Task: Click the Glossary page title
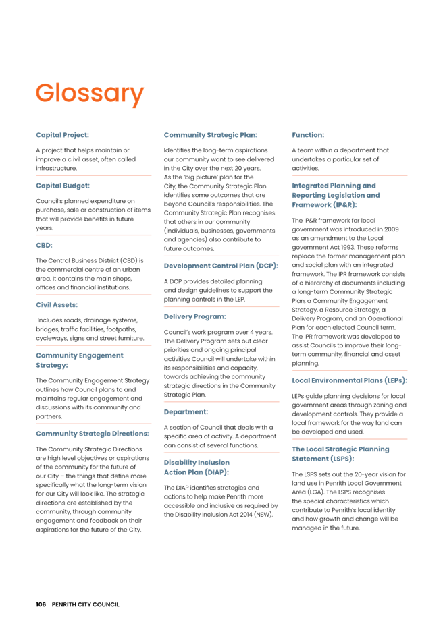coord(90,93)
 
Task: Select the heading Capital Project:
coord(63,135)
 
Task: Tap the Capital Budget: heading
coord(63,185)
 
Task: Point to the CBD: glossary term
coord(45,245)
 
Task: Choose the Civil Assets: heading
coord(58,305)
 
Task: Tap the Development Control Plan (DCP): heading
coord(221,266)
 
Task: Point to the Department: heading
coord(186,411)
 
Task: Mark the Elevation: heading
coord(308,135)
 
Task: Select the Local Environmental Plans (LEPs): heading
coord(349,380)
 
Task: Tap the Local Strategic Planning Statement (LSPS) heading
coord(341,453)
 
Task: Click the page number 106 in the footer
coord(41,604)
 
